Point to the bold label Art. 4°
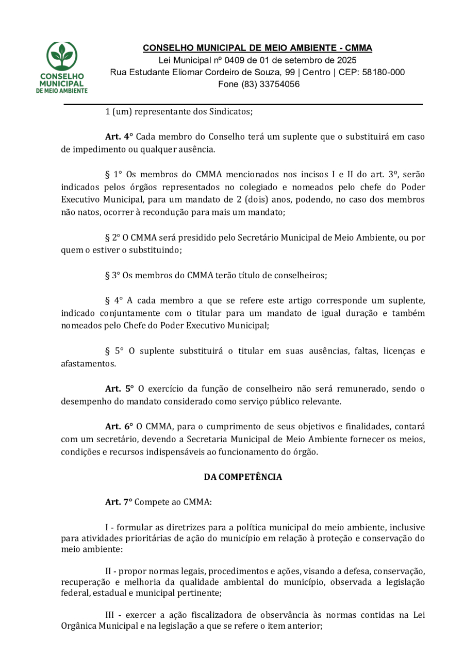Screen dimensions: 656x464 point(119,137)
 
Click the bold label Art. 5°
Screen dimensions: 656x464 point(119,389)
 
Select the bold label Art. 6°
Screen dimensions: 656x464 point(119,427)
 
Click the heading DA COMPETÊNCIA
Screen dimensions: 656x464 point(243,477)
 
